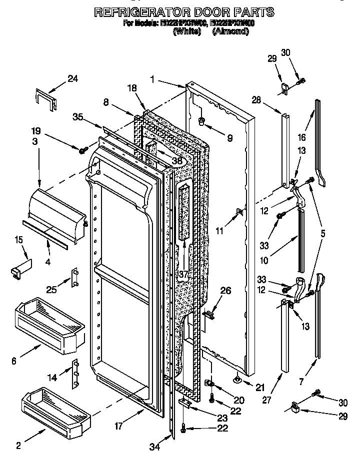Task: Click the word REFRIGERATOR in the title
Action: pyautogui.click(x=134, y=12)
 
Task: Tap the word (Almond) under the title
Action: pyautogui.click(x=230, y=31)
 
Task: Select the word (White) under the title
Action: pyautogui.click(x=186, y=31)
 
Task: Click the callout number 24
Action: pyautogui.click(x=73, y=78)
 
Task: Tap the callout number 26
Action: pyautogui.click(x=225, y=290)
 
